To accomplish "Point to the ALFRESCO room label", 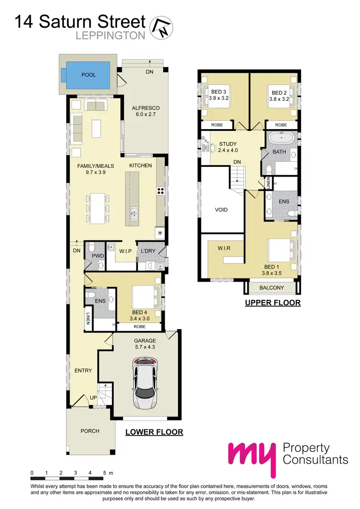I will click(x=145, y=108).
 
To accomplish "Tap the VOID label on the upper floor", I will click(x=221, y=210).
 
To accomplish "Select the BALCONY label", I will click(x=272, y=288).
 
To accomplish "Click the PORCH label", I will click(x=90, y=431).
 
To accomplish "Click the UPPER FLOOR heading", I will click(x=272, y=303).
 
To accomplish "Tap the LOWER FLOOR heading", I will click(x=154, y=432).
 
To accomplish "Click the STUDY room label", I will click(x=228, y=143).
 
